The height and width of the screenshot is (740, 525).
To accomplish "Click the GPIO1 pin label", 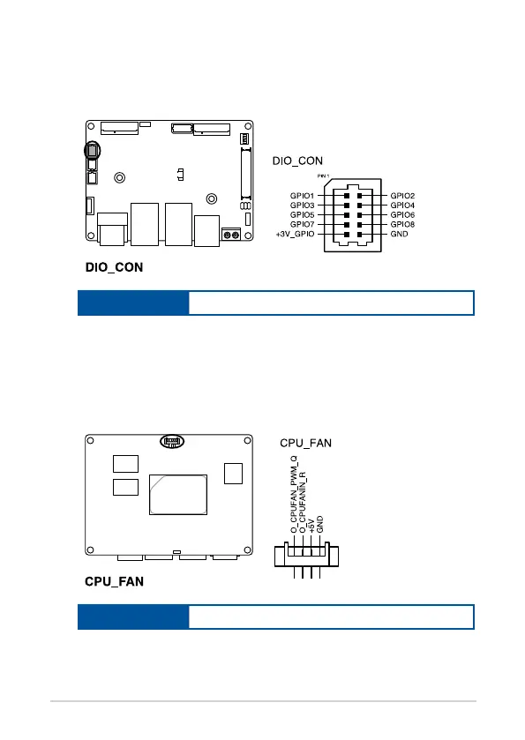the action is [x=302, y=196].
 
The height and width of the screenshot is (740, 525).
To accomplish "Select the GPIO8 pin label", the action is [x=402, y=224].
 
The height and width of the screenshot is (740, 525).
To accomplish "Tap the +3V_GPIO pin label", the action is [x=295, y=234].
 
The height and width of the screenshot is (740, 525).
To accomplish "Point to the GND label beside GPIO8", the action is [x=399, y=234].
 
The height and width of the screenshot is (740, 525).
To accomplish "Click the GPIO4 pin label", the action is [x=402, y=205].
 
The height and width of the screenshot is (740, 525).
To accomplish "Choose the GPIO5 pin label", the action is [x=302, y=214].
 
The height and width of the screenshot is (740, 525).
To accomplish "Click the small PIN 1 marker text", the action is [x=324, y=176].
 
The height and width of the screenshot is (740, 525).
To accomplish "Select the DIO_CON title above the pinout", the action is [x=297, y=161].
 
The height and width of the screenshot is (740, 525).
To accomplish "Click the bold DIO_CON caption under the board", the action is [x=114, y=267].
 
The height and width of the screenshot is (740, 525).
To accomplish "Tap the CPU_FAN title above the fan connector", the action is [x=305, y=443].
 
